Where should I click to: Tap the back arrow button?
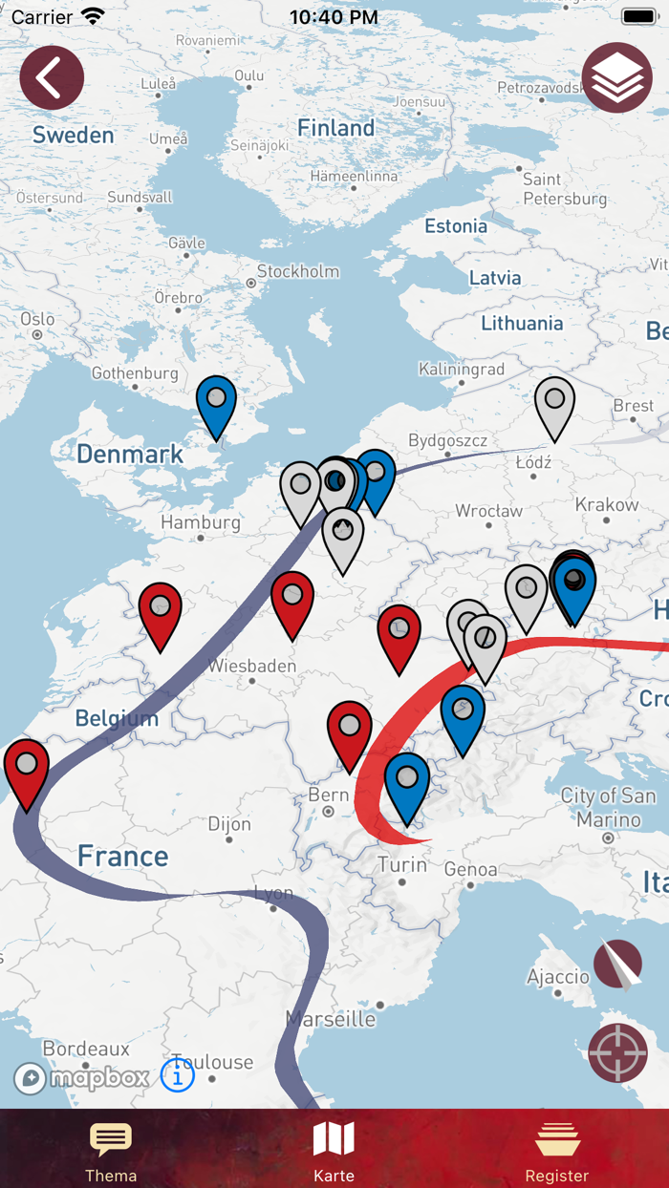click(x=52, y=77)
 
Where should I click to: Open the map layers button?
click(x=616, y=77)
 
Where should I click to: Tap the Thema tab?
click(x=111, y=1151)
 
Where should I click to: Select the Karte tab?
click(x=334, y=1151)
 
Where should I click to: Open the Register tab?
click(x=556, y=1151)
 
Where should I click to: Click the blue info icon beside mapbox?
click(x=178, y=1075)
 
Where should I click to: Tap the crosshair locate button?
click(x=617, y=1053)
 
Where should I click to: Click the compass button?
click(x=617, y=965)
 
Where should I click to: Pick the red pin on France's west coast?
click(x=27, y=766)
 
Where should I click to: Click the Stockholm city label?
click(x=297, y=272)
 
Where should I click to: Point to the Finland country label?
click(x=335, y=128)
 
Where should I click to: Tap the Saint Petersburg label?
click(x=564, y=189)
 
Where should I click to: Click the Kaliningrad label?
click(x=462, y=370)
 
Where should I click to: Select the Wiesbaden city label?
click(x=252, y=666)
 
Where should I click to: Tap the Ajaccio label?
click(x=558, y=977)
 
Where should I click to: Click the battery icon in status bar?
click(x=638, y=17)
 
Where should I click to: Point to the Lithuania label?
click(x=522, y=323)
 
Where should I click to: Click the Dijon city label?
click(x=229, y=824)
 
